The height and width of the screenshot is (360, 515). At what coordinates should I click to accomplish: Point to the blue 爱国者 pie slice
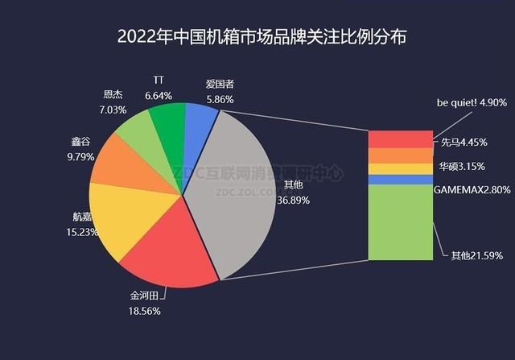pyautogui.click(x=200, y=122)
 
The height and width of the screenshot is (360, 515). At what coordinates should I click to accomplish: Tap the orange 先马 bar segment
pyautogui.click(x=400, y=155)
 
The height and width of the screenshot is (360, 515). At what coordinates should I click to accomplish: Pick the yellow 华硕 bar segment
pyautogui.click(x=400, y=169)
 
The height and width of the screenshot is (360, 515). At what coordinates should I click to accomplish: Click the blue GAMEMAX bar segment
pyautogui.click(x=400, y=180)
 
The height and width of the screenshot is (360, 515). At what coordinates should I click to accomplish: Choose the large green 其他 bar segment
pyautogui.click(x=400, y=221)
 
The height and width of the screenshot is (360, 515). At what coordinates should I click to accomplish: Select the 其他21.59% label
pyautogui.click(x=476, y=255)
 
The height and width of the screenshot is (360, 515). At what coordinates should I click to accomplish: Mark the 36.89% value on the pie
pyautogui.click(x=292, y=199)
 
